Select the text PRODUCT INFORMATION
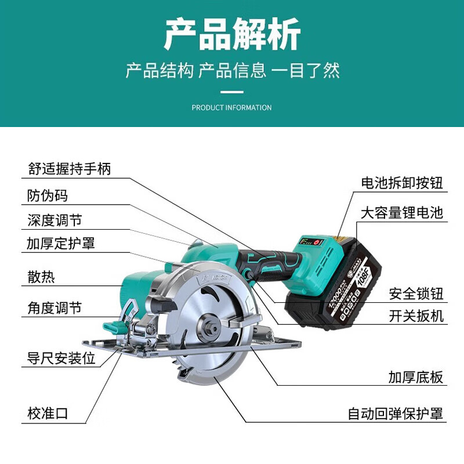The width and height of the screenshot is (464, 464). tap(231, 107)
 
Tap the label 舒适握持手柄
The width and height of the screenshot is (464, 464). tap(69, 169)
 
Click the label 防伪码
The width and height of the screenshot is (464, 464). tap(48, 195)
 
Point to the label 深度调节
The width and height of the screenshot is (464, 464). tap(55, 220)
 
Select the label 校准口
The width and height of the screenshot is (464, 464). tap(48, 414)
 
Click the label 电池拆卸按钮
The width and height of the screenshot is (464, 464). tap(402, 184)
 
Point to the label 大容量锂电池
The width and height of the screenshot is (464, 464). tap(402, 212)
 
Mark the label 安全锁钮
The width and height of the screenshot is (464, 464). tap(416, 293)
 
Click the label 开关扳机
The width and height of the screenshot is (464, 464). tap(416, 316)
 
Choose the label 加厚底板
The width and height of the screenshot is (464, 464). tap(416, 378)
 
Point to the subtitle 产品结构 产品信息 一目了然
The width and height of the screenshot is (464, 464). tap(232, 71)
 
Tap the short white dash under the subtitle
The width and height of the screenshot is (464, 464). tap(232, 92)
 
